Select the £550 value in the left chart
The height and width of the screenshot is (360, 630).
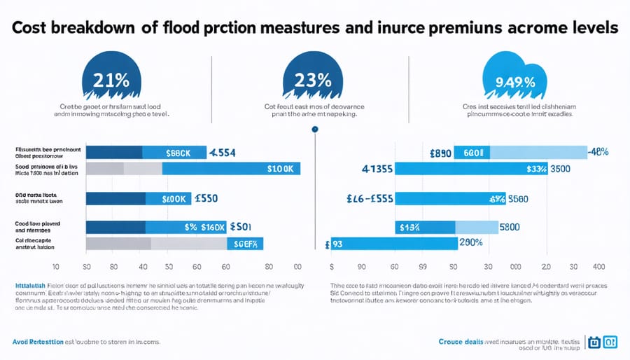(204, 199)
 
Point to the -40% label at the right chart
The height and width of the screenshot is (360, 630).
(600, 153)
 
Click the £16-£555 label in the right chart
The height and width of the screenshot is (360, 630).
(370, 199)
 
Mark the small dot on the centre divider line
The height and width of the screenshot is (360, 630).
(315, 129)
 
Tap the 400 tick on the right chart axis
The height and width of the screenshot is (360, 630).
(598, 268)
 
